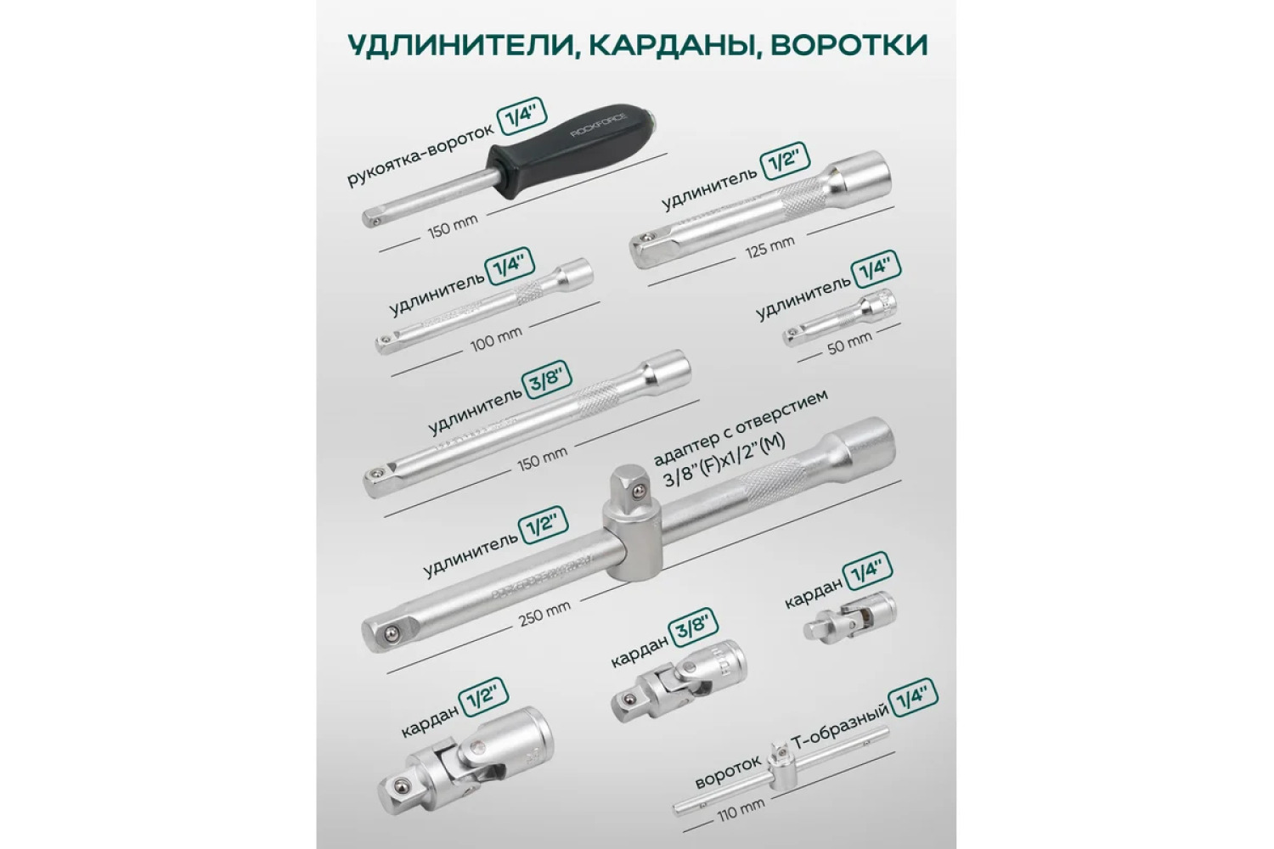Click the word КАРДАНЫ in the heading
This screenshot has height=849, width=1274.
pyautogui.click(x=670, y=46)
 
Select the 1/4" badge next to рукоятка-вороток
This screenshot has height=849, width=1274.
pyautogui.click(x=521, y=116)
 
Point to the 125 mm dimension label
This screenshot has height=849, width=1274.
pyautogui.click(x=769, y=247)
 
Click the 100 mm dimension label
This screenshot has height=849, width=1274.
pyautogui.click(x=496, y=340)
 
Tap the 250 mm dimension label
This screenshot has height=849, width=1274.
pyautogui.click(x=544, y=615)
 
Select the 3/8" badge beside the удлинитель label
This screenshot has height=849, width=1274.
pyautogui.click(x=546, y=380)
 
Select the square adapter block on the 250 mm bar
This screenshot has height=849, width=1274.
pyautogui.click(x=631, y=522)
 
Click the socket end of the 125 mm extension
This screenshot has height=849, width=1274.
pyautogui.click(x=860, y=173)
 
